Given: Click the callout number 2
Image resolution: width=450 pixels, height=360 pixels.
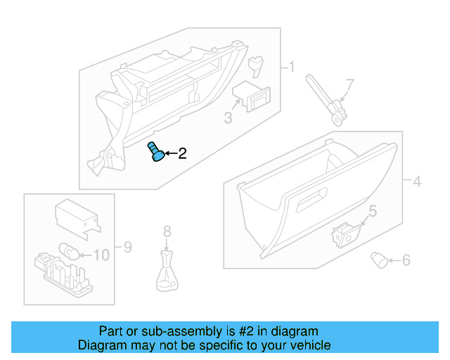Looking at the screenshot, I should click(x=182, y=153).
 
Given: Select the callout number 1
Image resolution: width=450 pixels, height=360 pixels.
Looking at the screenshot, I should click(x=291, y=67).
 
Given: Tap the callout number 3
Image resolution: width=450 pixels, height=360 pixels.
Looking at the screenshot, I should click(x=228, y=117).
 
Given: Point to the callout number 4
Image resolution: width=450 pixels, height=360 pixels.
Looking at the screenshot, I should click(x=416, y=182).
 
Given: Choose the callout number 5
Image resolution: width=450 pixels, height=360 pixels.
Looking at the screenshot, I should click(x=373, y=210).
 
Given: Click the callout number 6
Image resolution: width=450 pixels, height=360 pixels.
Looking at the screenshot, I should click(x=405, y=261).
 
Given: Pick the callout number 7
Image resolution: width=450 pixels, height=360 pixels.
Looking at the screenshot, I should click(x=349, y=85).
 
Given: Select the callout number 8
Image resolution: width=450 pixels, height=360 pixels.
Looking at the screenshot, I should click(x=167, y=231).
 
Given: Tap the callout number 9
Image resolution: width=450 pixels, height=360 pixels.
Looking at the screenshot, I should click(x=127, y=247).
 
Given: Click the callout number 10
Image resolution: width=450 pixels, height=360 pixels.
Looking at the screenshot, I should click(x=101, y=255).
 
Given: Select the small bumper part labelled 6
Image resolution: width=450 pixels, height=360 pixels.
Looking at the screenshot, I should click(x=380, y=260).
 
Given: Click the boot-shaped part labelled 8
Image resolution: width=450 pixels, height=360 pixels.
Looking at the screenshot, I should click(x=167, y=273).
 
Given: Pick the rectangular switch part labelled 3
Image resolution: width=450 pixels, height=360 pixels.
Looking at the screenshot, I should click(x=252, y=95).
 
